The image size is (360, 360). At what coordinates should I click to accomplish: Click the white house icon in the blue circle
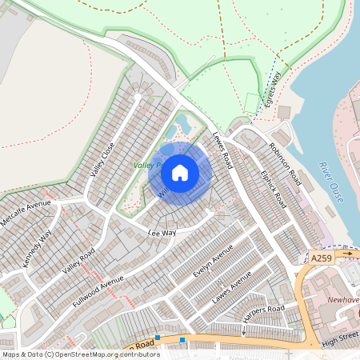coord(180,173)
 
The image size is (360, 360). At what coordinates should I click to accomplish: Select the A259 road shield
coord(321,258)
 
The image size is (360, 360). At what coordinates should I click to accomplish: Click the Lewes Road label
coord(222,150)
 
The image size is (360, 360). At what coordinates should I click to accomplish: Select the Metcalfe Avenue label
coord(26,214)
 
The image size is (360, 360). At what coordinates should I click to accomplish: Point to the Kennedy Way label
coord(37,247)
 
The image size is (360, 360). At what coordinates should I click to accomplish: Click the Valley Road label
coord(78,261)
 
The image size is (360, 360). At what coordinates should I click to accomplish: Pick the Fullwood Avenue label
coord(98,294)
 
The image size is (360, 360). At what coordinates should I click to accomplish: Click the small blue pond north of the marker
coord(183,123)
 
